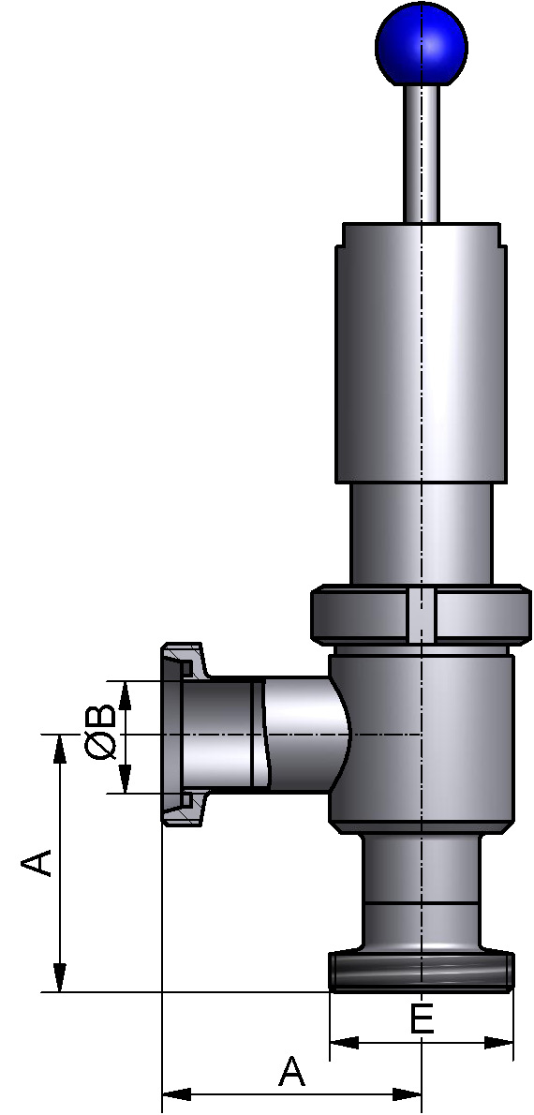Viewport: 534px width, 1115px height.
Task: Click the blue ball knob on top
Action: pos(421,44)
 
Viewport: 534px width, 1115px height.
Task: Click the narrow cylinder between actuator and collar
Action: pos(421,534)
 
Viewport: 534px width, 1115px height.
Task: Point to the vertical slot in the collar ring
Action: pos(423,617)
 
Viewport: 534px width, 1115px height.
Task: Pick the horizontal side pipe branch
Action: pos(281,733)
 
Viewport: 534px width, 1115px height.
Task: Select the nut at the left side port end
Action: pos(183,734)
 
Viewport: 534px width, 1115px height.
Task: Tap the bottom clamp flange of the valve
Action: pos(421,973)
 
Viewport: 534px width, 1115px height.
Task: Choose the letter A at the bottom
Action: pos(292,1070)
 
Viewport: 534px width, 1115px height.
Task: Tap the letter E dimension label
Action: pos(423,1019)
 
